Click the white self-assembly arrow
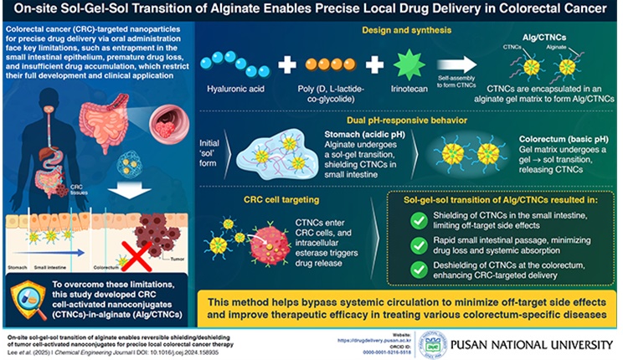pyautogui.click(x=449, y=62)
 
